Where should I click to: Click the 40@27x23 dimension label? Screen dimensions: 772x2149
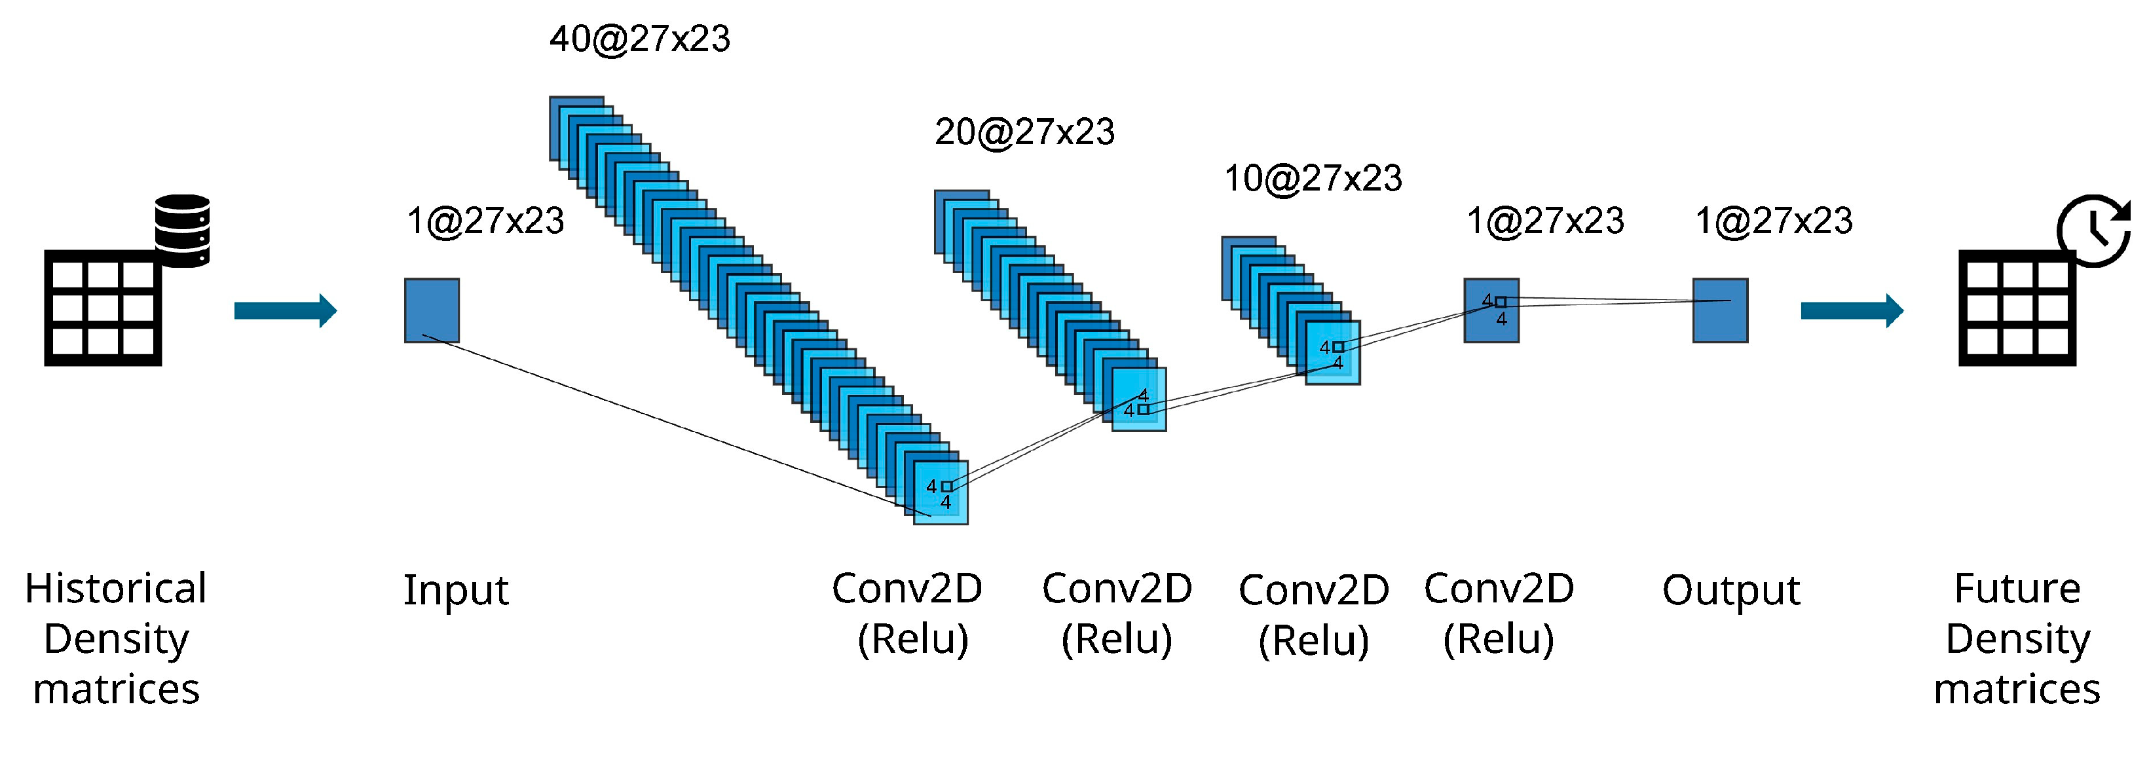[x=640, y=39]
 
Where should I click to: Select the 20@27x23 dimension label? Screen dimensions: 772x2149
[x=1024, y=132]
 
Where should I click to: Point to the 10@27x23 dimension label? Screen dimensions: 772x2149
[x=1313, y=178]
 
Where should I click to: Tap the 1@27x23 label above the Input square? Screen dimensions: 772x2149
[x=485, y=221]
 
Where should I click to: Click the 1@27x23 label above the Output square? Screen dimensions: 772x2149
[x=1774, y=221]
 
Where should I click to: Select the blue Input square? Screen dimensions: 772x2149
[x=431, y=310]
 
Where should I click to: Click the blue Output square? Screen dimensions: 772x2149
[x=1719, y=310]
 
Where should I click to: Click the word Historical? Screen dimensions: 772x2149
[x=116, y=589]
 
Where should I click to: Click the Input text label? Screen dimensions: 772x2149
[x=455, y=590]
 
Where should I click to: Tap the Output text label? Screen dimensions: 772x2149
[x=1731, y=590]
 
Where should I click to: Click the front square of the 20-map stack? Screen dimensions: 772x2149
[x=1139, y=399]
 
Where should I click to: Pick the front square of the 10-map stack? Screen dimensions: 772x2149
[x=1332, y=353]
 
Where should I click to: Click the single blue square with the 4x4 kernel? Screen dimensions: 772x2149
[x=1491, y=310]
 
